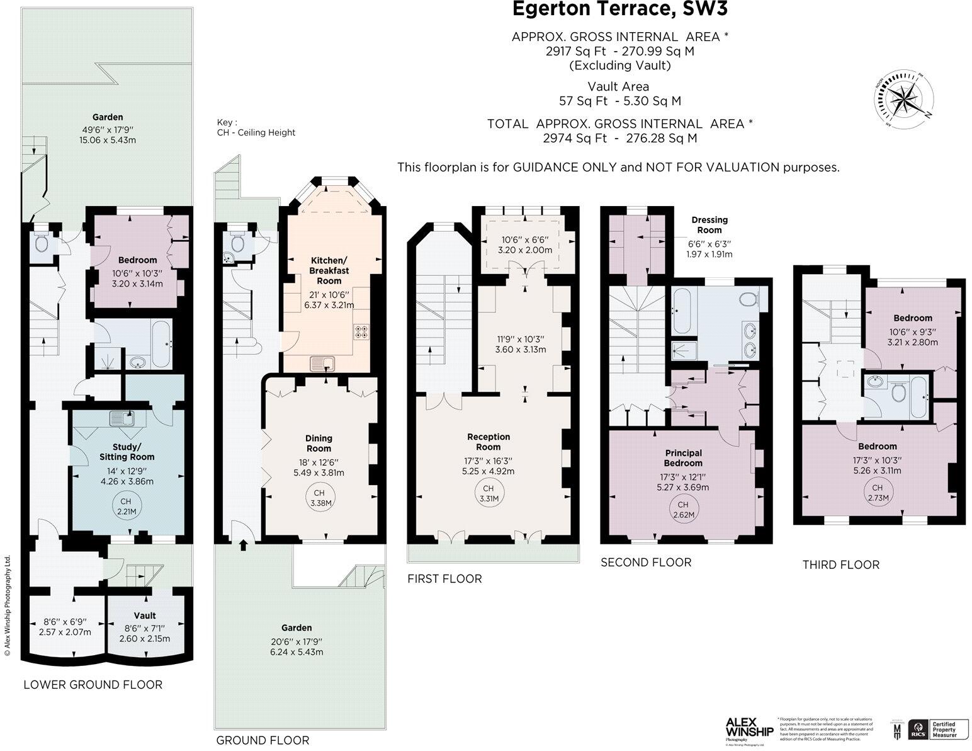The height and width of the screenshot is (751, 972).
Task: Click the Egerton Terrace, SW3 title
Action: pos(619,9)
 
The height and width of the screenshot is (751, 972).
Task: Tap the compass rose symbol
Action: pos(903,101)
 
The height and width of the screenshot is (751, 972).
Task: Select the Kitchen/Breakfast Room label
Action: pos(329,270)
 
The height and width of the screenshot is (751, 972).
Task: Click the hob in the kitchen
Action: pos(362,332)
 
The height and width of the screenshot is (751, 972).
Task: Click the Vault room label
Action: pos(145,616)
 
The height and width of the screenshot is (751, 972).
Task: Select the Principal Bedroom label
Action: pos(683,457)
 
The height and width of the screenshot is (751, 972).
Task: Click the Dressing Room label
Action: pos(709,225)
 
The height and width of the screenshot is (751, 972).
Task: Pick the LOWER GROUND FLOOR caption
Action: pos(93,685)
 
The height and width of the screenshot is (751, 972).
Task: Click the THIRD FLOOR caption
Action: pos(840,565)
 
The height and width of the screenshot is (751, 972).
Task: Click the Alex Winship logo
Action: pos(749,730)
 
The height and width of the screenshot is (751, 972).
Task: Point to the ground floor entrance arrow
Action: pos(244,546)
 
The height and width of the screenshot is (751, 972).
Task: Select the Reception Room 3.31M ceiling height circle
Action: pos(489,493)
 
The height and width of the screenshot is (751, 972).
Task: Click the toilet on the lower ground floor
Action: pos(42,242)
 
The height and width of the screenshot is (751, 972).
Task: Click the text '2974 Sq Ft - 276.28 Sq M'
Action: pos(619,139)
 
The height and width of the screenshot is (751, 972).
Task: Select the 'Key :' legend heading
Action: pos(227,122)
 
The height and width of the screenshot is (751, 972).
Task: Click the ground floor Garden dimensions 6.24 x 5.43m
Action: pos(296,652)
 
